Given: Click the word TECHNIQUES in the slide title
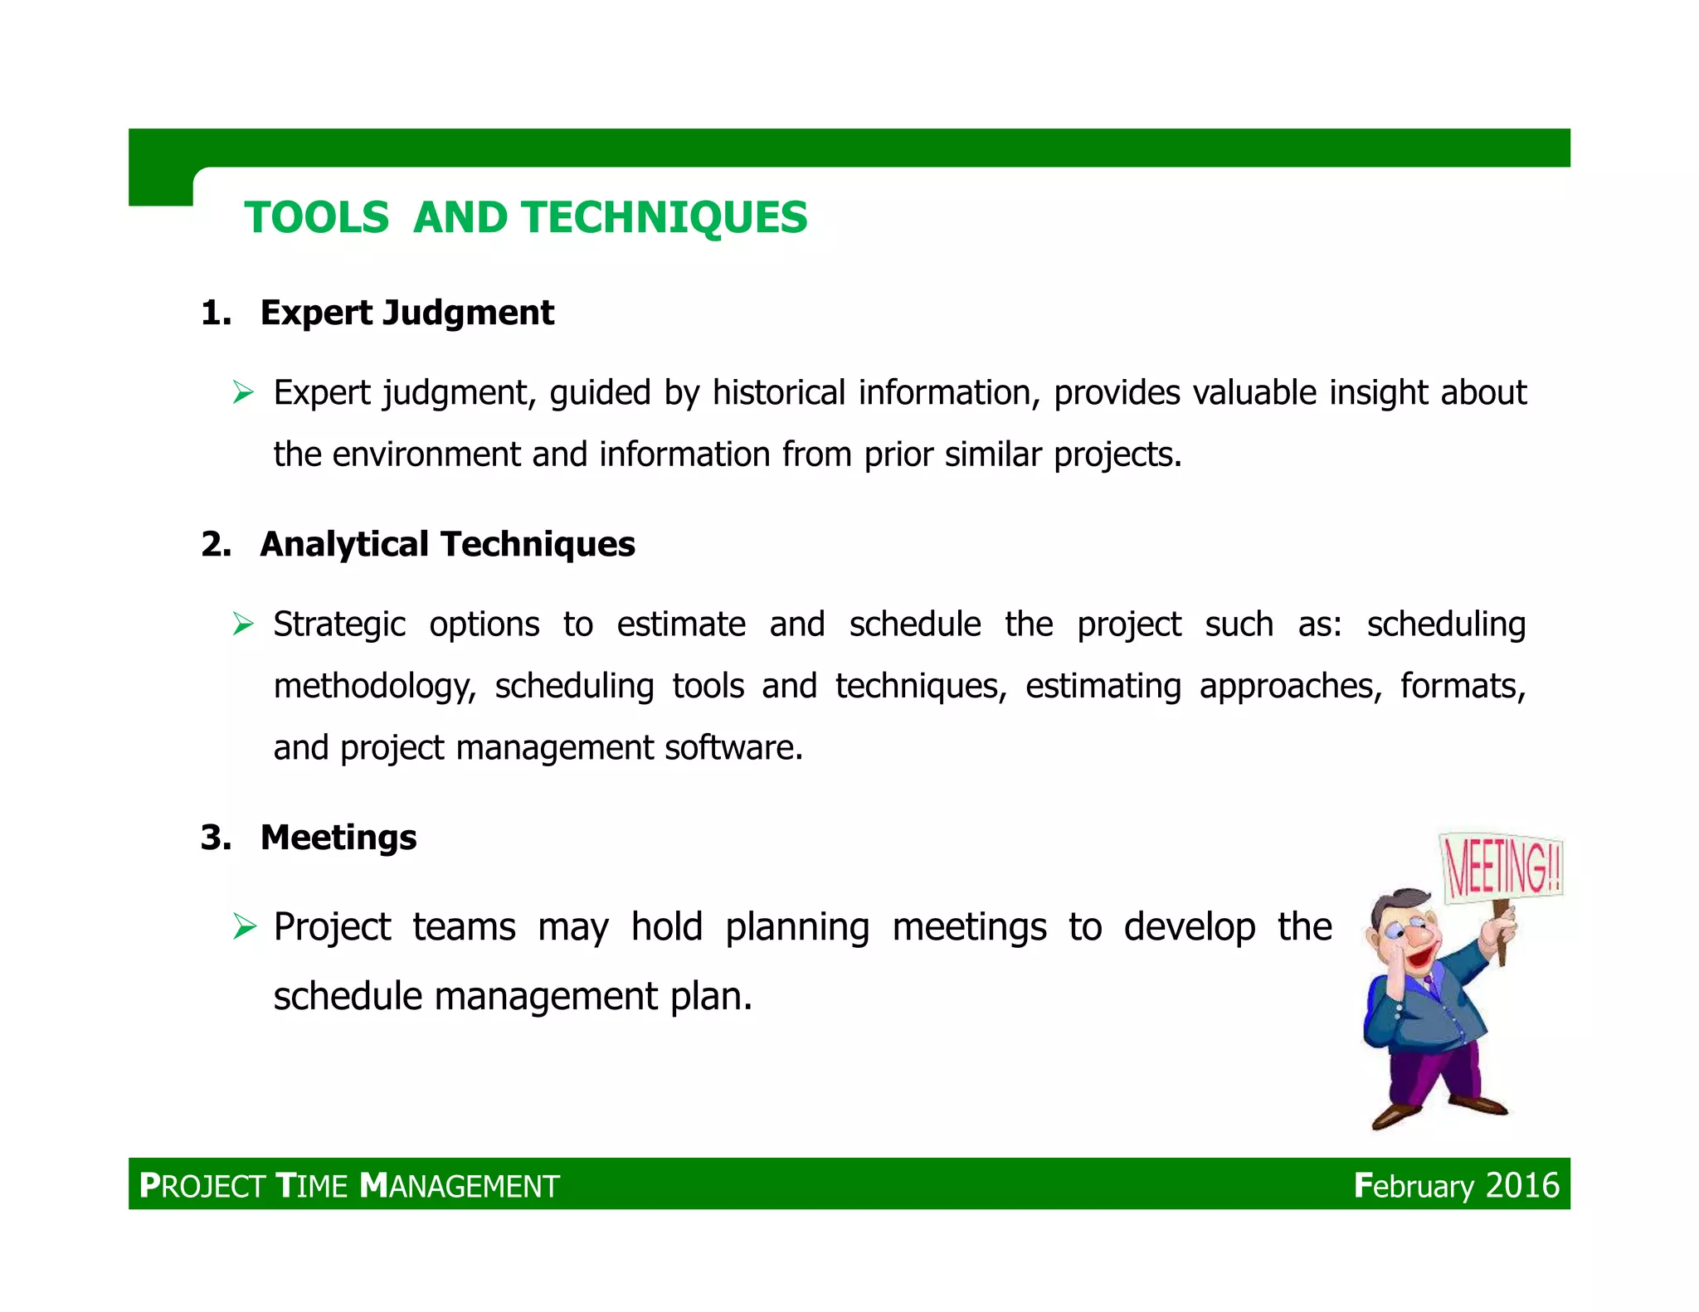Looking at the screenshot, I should [664, 218].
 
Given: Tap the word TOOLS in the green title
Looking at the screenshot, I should [317, 218].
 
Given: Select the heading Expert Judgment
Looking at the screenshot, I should [406, 313].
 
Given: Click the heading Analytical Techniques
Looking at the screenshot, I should [447, 544].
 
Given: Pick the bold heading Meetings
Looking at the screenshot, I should [338, 837].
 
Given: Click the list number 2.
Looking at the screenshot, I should [215, 544].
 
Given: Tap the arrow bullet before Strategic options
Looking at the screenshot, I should [243, 623].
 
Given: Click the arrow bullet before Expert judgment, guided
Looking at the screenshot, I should [243, 391].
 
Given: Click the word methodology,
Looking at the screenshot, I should [375, 687].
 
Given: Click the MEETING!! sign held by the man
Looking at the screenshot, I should [1502, 867].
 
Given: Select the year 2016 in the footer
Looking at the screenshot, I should [1522, 1185].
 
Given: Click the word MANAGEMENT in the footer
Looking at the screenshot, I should [460, 1186].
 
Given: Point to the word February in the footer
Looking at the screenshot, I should [1414, 1186].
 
